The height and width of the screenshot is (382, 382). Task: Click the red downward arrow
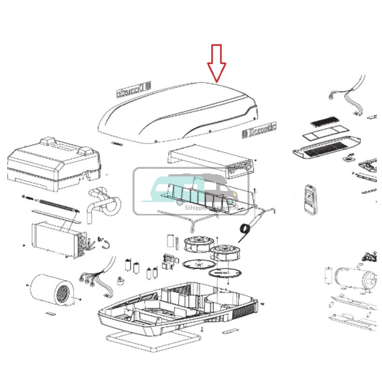pyautogui.click(x=217, y=63)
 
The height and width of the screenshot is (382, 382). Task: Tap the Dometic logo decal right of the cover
pyautogui.click(x=259, y=130)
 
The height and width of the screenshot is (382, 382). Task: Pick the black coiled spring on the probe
pyautogui.click(x=244, y=229)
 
